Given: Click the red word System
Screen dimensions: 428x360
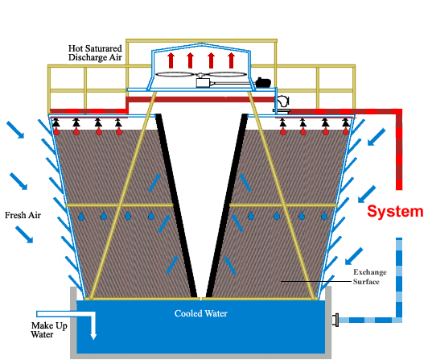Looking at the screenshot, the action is (x=395, y=211).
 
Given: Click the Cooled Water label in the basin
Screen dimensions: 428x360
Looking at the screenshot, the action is (x=200, y=313).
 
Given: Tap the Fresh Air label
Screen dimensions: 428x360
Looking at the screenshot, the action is (x=23, y=215).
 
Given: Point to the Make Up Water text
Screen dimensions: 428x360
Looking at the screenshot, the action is (x=49, y=330).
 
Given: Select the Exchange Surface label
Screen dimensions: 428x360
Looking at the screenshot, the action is (x=370, y=276).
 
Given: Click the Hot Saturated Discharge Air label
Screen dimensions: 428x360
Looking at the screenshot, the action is (x=95, y=53).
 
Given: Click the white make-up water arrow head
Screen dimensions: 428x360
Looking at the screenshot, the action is (x=93, y=336).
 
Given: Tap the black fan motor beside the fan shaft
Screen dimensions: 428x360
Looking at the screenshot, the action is (x=263, y=83).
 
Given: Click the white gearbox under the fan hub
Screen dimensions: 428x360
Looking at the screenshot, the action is (x=203, y=83).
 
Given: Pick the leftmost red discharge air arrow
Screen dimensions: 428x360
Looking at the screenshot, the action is (x=171, y=60).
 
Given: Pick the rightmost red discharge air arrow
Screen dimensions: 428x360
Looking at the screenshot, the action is (x=231, y=60).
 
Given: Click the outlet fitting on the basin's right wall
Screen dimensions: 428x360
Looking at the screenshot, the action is (x=335, y=320).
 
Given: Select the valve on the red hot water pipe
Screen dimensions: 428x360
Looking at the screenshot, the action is (x=282, y=104).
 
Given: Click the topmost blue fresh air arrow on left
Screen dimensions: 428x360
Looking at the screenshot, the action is (x=15, y=130).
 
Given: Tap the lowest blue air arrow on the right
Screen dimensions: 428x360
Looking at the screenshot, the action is (x=354, y=256).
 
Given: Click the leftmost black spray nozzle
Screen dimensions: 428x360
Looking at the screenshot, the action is (x=56, y=122).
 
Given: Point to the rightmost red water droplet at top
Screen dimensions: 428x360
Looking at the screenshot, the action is (x=346, y=131).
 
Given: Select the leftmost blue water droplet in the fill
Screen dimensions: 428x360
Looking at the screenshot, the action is (x=81, y=217).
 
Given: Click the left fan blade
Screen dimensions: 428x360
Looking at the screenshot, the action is (x=177, y=74).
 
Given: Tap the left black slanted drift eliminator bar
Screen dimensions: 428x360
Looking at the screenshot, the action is (x=176, y=205).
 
